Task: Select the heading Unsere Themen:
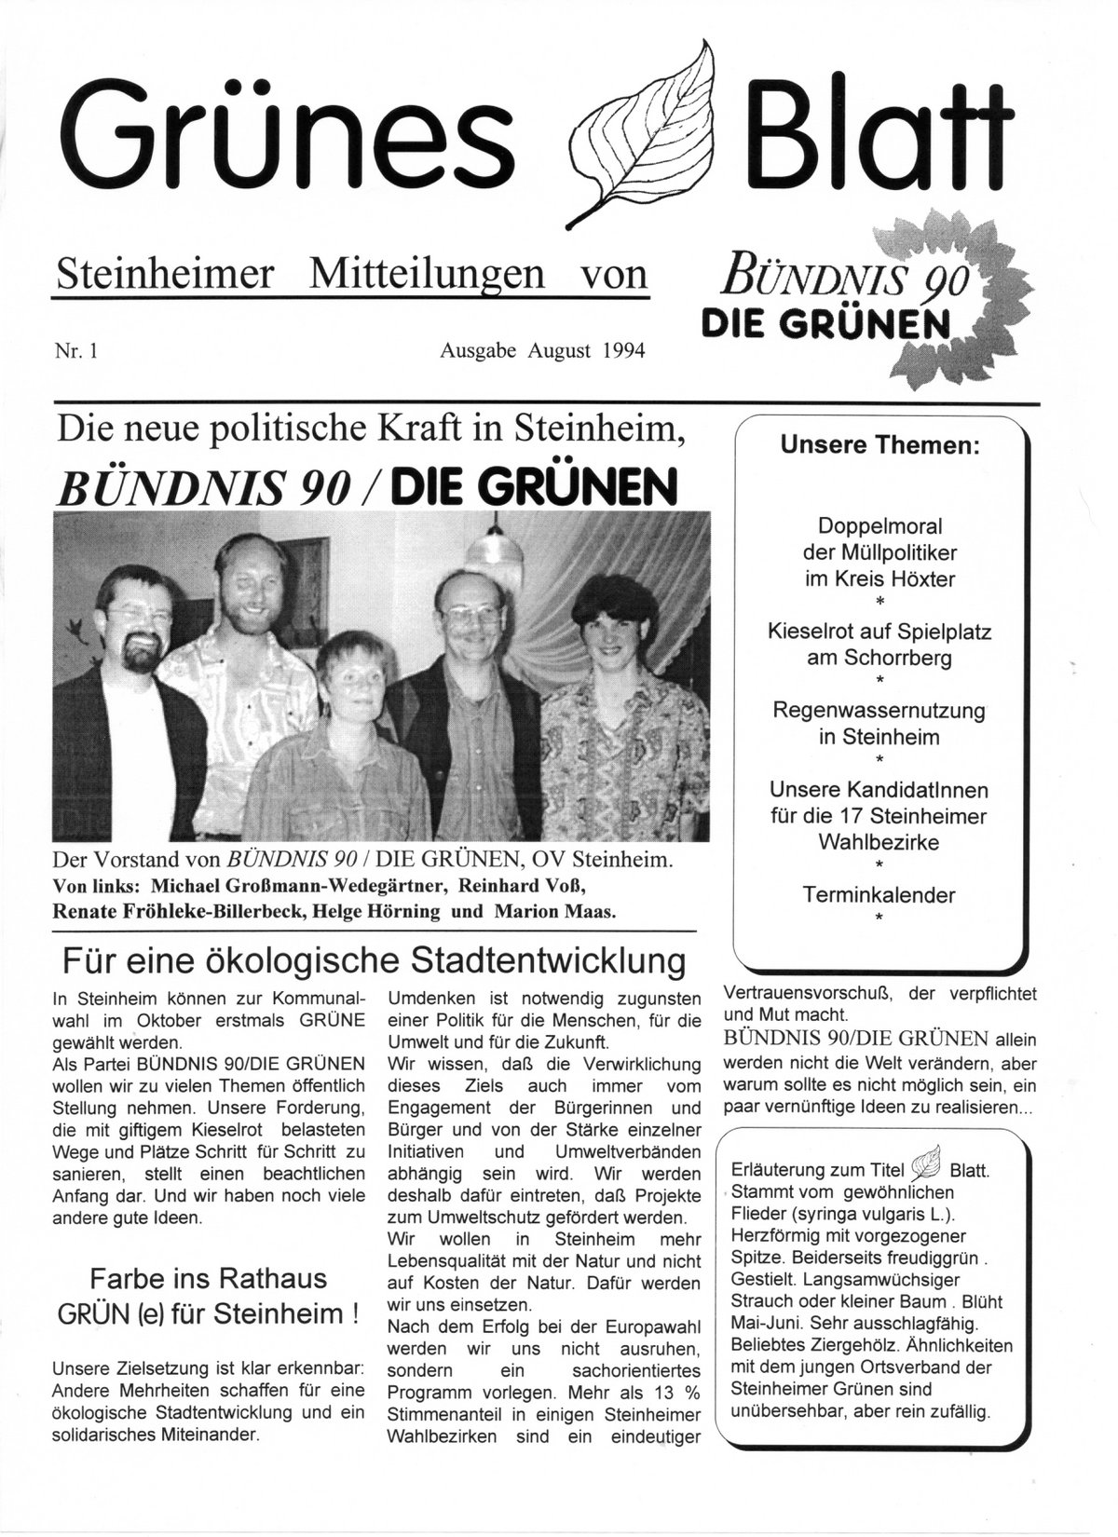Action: pyautogui.click(x=879, y=446)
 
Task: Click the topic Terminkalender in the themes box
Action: pyautogui.click(x=879, y=895)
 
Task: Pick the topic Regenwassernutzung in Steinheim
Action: pyautogui.click(x=879, y=723)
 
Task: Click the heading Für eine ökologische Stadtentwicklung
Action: pyautogui.click(x=374, y=959)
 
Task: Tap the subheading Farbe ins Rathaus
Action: pyautogui.click(x=208, y=1277)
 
